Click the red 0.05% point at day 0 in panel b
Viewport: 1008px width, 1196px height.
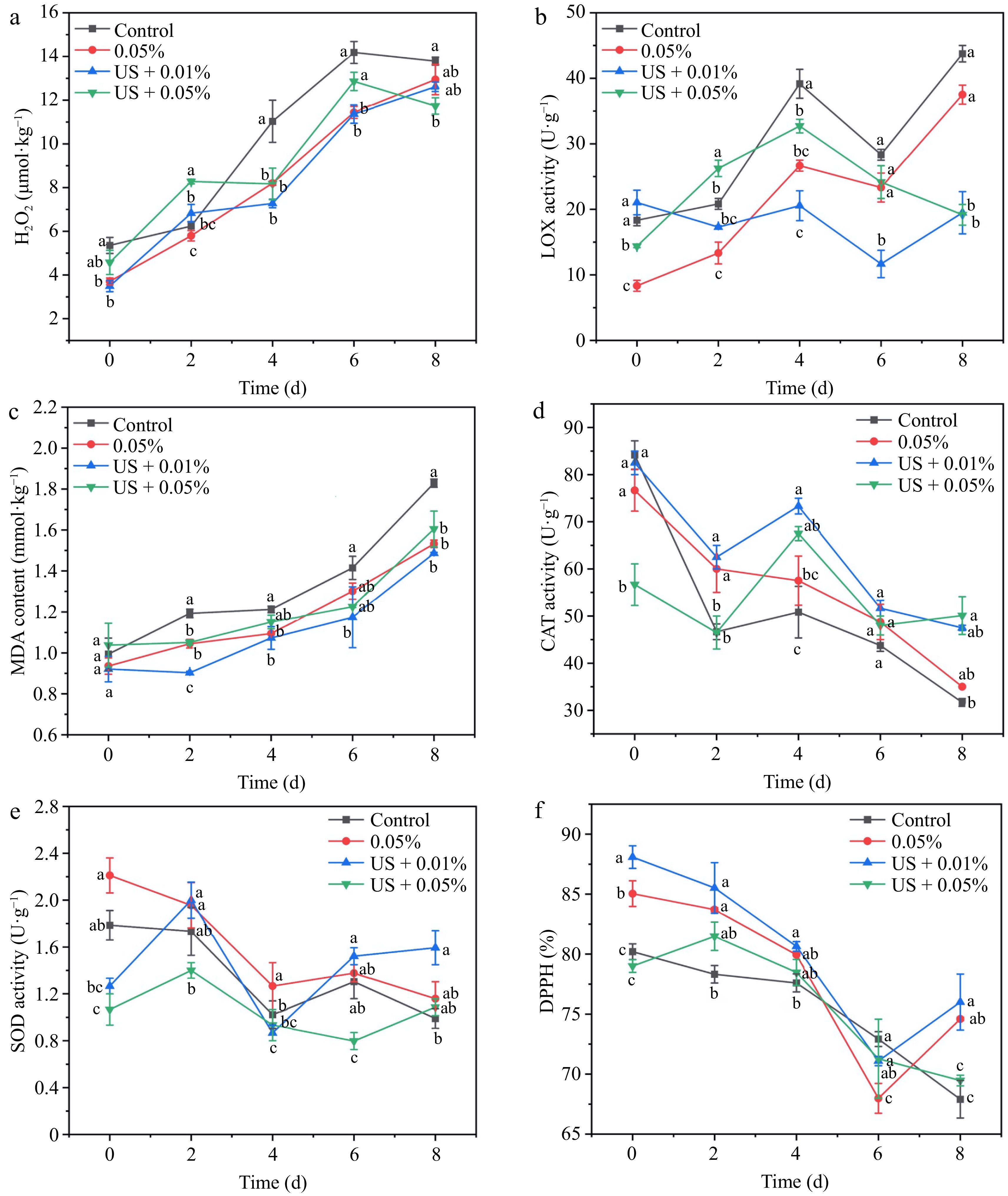[637, 286]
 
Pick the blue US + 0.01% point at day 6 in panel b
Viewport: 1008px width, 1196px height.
[881, 263]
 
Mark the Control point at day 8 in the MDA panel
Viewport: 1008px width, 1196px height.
[434, 483]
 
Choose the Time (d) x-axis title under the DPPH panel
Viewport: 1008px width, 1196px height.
[794, 1181]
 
